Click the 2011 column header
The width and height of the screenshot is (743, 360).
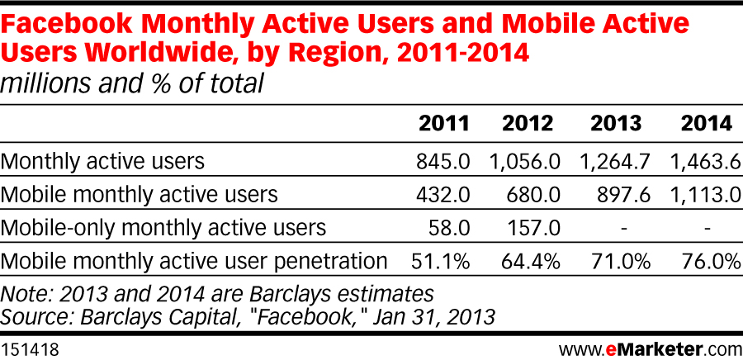point(443,124)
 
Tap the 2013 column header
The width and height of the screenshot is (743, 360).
point(616,124)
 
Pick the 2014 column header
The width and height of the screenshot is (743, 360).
point(706,124)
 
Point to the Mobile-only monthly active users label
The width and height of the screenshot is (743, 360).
point(164,227)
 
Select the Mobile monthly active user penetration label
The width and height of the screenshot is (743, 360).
point(195,262)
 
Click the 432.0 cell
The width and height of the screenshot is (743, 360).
point(443,194)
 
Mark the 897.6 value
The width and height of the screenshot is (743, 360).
point(622,194)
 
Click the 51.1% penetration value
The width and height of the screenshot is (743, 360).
point(441,262)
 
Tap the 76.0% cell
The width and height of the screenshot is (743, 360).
point(708,262)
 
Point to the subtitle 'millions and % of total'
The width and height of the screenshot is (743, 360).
point(132,83)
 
